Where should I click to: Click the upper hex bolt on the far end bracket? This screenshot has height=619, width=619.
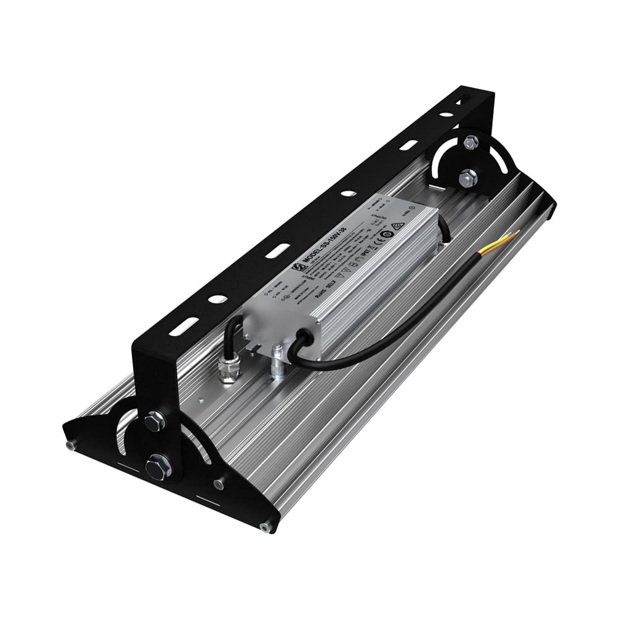(x=470, y=143)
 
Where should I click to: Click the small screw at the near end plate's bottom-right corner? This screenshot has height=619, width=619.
(x=266, y=527)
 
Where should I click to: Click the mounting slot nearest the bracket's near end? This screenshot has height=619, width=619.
(x=184, y=326)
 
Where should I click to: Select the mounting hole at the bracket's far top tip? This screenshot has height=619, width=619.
(x=461, y=101)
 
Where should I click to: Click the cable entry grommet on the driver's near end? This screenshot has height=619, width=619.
(x=304, y=339)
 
